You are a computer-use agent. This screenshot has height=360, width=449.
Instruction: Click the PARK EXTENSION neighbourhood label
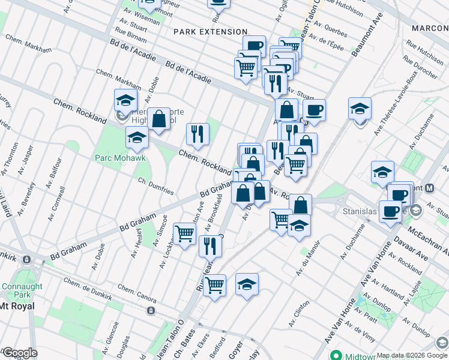(210, 31)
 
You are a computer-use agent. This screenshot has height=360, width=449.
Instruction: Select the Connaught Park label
(22, 290)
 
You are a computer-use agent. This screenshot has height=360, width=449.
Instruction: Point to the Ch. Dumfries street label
(155, 187)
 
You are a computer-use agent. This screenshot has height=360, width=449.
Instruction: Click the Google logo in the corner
(19, 353)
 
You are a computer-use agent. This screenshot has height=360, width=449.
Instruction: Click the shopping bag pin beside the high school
(159, 119)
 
